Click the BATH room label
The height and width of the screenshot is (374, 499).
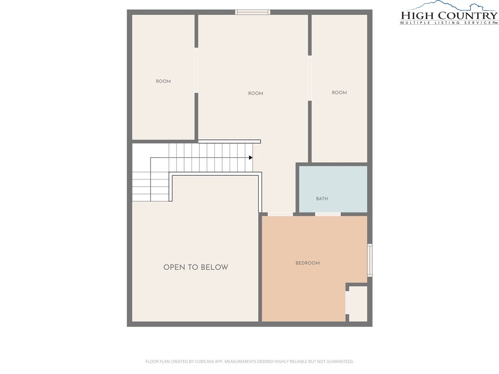[x=322, y=199]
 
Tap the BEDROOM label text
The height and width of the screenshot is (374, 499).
[x=307, y=263]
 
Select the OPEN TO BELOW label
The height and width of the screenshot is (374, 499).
[x=196, y=267]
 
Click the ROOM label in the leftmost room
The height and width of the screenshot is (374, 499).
[x=163, y=81]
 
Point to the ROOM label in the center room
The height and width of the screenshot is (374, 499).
[x=255, y=93]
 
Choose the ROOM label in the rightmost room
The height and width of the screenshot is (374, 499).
[x=339, y=93]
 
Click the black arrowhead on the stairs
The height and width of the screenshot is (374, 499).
[x=251, y=158]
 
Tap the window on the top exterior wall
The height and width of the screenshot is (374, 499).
[x=253, y=12]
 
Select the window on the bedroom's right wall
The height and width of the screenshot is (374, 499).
[x=370, y=260]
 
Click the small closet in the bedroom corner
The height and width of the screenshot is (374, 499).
[x=358, y=304]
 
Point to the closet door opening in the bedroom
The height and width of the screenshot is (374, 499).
[x=347, y=302]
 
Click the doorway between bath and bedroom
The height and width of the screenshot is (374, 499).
[x=328, y=214]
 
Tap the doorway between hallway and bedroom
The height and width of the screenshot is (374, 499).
[x=280, y=214]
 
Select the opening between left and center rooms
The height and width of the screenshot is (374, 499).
[x=196, y=70]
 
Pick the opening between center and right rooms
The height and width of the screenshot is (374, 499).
[x=309, y=78]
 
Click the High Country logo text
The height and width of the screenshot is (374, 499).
[x=449, y=15]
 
